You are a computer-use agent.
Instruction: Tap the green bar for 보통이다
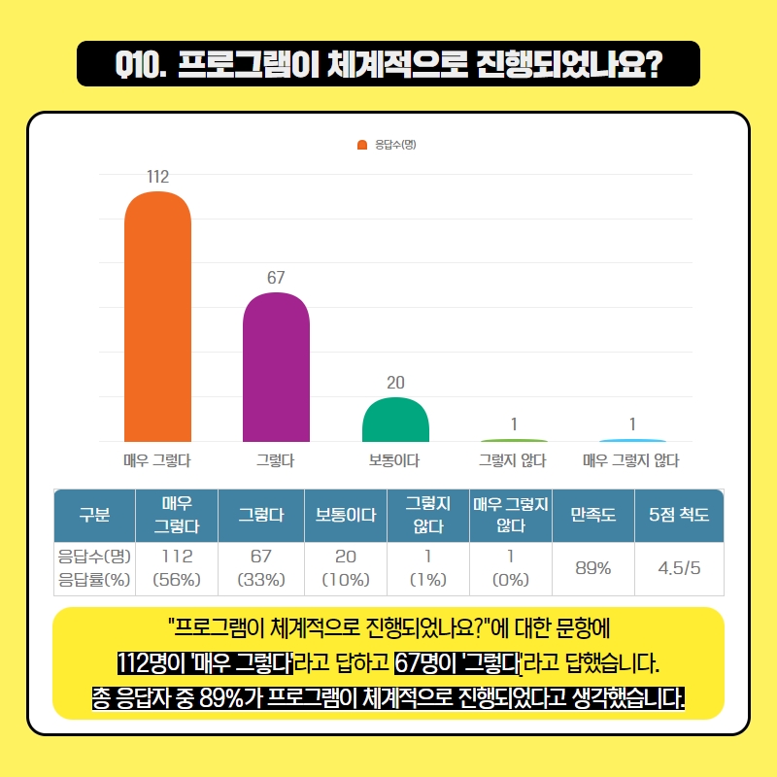[395, 420]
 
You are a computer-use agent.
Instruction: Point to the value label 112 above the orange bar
[157, 177]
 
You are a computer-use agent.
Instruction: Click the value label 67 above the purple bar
[276, 278]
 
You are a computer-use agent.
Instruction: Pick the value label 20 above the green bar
[395, 383]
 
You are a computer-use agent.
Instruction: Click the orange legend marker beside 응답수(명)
[362, 145]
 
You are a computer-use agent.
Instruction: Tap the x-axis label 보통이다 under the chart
[394, 460]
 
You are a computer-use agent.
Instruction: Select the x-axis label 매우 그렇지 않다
[630, 460]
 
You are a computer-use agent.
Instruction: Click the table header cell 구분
[93, 516]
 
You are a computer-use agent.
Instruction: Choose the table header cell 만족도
[592, 516]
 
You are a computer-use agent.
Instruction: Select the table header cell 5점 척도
[679, 516]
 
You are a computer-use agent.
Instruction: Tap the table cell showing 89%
[592, 568]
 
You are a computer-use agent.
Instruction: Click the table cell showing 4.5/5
[679, 568]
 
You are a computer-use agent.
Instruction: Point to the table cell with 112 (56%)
[177, 568]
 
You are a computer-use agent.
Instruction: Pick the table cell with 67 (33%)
[260, 568]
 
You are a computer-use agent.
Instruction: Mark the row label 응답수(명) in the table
[94, 557]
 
